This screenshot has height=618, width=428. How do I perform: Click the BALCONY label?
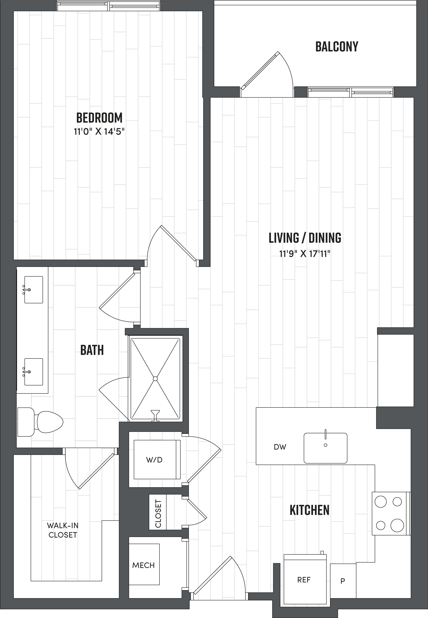point(336,47)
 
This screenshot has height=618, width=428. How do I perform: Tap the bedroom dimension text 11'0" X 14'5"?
point(99,132)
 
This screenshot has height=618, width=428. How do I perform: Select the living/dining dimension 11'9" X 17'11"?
point(305,254)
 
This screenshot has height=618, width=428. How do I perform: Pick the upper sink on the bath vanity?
point(34,290)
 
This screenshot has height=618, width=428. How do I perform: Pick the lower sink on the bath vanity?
point(34,372)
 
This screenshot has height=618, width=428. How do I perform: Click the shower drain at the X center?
point(155,379)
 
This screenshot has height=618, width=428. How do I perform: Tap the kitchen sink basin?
point(325,448)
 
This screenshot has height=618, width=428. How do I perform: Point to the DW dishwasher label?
point(280,447)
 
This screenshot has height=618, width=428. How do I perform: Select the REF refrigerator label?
point(304,580)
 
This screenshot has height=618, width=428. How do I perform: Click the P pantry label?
point(342,581)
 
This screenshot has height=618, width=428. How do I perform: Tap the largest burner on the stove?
point(397,525)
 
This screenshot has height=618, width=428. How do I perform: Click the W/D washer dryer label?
point(154,460)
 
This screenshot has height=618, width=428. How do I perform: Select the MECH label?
point(143,565)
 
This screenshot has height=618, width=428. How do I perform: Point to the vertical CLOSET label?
point(158,514)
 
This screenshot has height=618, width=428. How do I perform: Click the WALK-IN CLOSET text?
point(63,530)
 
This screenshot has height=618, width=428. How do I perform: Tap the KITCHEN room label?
point(309,510)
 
